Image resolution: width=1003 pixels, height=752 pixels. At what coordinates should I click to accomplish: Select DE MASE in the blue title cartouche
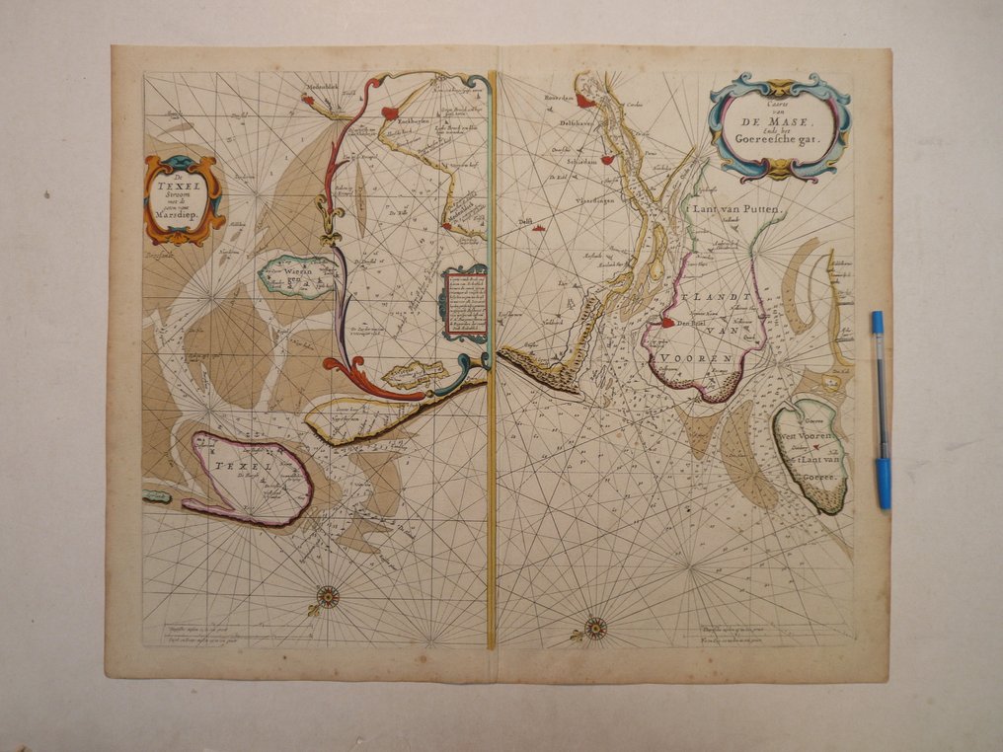point(779,123)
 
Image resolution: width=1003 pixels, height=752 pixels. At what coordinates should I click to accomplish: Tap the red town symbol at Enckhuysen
point(391,113)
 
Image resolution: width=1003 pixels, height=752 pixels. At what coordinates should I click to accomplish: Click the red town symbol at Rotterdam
point(585,100)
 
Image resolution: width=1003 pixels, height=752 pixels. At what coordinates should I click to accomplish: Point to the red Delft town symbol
point(539,228)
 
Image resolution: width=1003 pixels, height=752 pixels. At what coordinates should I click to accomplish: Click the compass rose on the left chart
point(327,595)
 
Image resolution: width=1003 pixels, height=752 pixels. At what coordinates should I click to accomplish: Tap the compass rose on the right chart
point(595,625)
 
